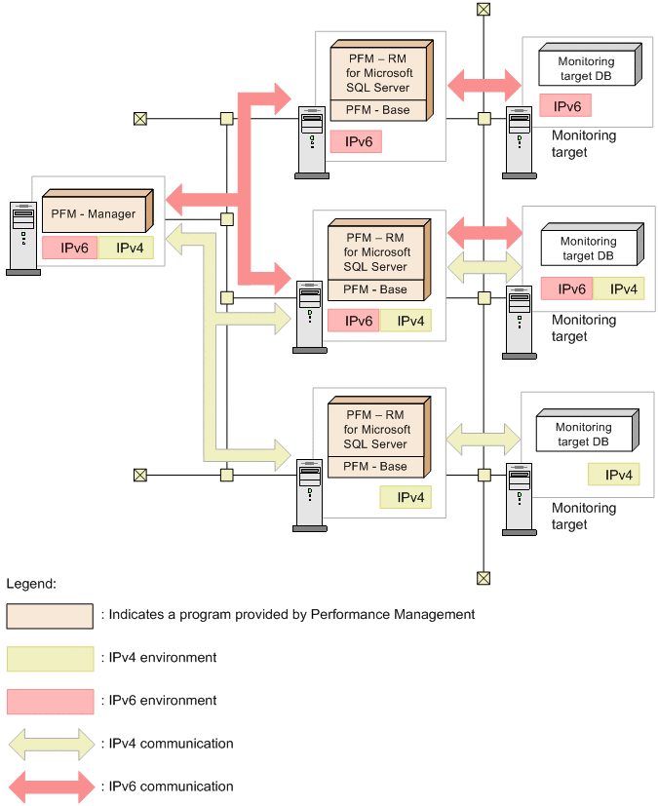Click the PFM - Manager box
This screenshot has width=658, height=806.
tap(94, 212)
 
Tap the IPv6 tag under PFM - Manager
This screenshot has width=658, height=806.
tap(69, 248)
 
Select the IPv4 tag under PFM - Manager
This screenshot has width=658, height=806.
tap(125, 248)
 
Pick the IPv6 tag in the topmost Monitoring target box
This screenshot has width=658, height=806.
tap(565, 105)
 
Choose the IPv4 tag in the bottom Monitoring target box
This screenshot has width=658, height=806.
tap(614, 475)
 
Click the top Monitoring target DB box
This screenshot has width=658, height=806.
tap(587, 66)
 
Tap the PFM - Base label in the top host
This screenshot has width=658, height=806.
tap(380, 110)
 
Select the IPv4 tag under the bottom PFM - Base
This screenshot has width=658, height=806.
tap(405, 497)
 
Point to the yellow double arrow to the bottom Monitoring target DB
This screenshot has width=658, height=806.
tap(484, 439)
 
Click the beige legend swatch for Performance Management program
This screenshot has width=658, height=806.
tap(50, 615)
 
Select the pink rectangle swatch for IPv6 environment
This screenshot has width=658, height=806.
tap(50, 701)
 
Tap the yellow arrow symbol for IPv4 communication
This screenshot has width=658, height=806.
tap(50, 744)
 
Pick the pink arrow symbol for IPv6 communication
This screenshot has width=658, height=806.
tap(50, 787)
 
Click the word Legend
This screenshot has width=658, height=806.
tap(31, 584)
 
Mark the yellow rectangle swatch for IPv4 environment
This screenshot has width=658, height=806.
tap(50, 658)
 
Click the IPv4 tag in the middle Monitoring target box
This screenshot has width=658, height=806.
tap(618, 288)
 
